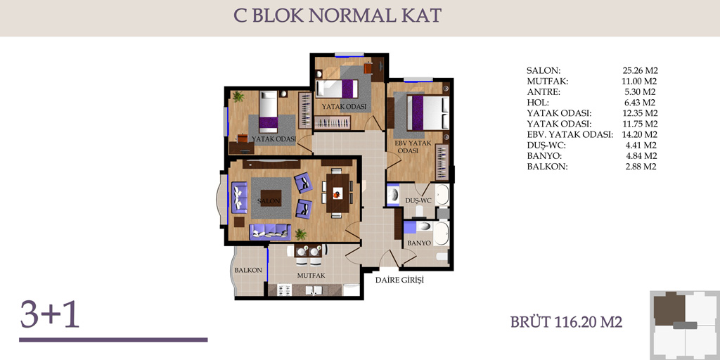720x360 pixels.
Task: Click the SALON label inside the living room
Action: tap(268, 202)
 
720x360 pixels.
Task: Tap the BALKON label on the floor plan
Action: tap(248, 271)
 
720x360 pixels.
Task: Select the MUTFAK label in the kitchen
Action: tap(311, 276)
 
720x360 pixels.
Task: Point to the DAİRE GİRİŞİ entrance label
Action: tap(399, 280)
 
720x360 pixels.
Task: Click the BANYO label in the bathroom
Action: tap(419, 243)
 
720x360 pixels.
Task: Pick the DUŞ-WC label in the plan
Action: tap(417, 200)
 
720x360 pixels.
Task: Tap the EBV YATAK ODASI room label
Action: tap(413, 147)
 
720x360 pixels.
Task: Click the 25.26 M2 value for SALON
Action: tap(640, 71)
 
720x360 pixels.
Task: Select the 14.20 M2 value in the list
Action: tap(640, 135)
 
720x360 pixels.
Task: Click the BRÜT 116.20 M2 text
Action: tap(566, 322)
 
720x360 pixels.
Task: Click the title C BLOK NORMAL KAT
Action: tap(337, 16)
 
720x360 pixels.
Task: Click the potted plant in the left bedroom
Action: tap(238, 96)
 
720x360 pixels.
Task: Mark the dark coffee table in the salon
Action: tap(270, 198)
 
